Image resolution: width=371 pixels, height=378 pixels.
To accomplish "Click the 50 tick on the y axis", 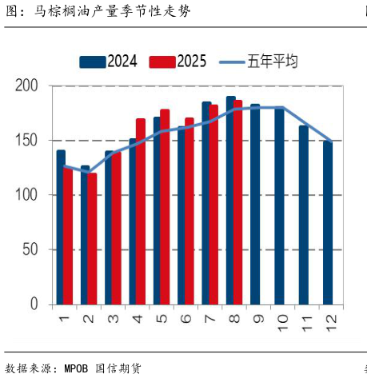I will coord(30,249).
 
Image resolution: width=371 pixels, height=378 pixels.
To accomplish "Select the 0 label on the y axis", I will coord(34,304).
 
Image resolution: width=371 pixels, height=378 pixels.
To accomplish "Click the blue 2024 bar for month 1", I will coord(61,227).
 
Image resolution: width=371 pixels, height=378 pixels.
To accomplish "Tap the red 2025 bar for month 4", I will coord(141,211).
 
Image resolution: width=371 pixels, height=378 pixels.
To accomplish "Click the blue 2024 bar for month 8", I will coord(230,200).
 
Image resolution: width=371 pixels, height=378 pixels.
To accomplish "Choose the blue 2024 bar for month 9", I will coord(255,204).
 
